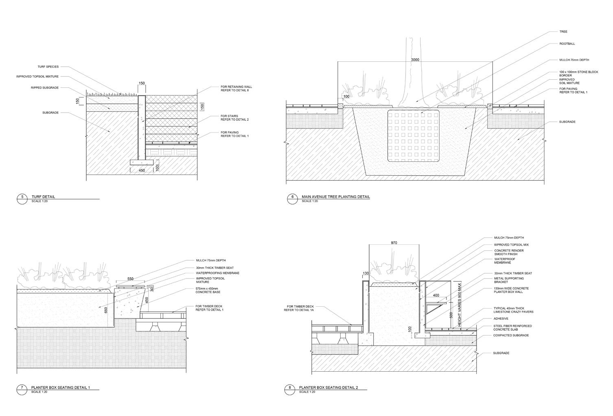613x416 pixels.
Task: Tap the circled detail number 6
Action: coord(291,198)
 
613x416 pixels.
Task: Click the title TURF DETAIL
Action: coord(43,197)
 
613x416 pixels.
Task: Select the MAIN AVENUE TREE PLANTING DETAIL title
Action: coord(336,197)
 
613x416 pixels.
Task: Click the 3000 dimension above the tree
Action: coord(415,60)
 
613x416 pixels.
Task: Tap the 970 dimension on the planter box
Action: coord(394,243)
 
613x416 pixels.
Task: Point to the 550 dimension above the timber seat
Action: coord(130,279)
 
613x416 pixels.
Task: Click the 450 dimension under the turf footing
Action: coord(142,170)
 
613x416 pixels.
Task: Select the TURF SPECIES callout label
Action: coord(48,66)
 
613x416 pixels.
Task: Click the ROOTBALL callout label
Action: coord(567,44)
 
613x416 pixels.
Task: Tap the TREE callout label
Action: coord(563,31)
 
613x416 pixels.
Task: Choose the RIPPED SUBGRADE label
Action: coord(45,87)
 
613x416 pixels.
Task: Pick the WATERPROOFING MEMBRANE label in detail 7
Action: coord(217,273)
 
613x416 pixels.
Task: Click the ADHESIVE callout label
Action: coord(501,319)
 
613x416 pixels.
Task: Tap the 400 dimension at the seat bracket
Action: coord(436,295)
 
